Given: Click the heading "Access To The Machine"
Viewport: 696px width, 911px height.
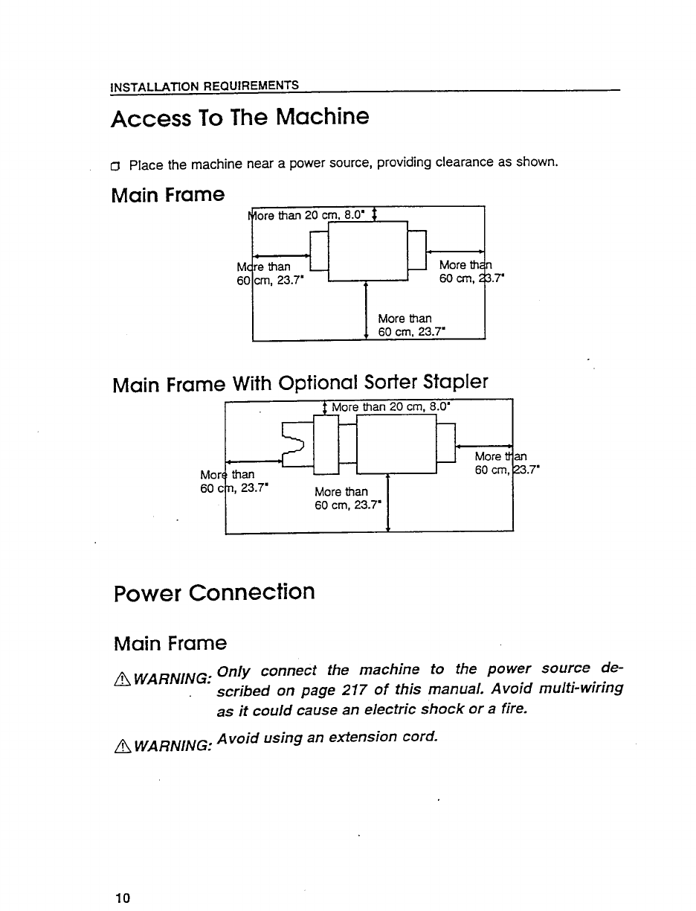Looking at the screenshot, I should point(239,118).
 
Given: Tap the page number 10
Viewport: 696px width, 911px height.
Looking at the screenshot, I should point(123,898).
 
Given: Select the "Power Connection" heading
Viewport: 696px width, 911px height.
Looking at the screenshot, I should point(214,592).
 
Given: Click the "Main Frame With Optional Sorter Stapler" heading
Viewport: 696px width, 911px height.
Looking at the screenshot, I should point(300,383).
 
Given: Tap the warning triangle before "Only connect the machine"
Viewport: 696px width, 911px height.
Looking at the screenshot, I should point(117,674).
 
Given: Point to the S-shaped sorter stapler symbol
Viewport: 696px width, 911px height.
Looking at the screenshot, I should point(295,444).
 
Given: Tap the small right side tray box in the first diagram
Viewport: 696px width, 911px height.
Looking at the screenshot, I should point(416,249).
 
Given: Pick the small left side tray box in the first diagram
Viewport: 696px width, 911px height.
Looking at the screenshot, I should point(318,250).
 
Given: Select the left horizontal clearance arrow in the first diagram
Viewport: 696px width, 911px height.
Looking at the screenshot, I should point(281,254).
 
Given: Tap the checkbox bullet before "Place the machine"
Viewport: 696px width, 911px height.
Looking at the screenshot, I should point(116,164).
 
